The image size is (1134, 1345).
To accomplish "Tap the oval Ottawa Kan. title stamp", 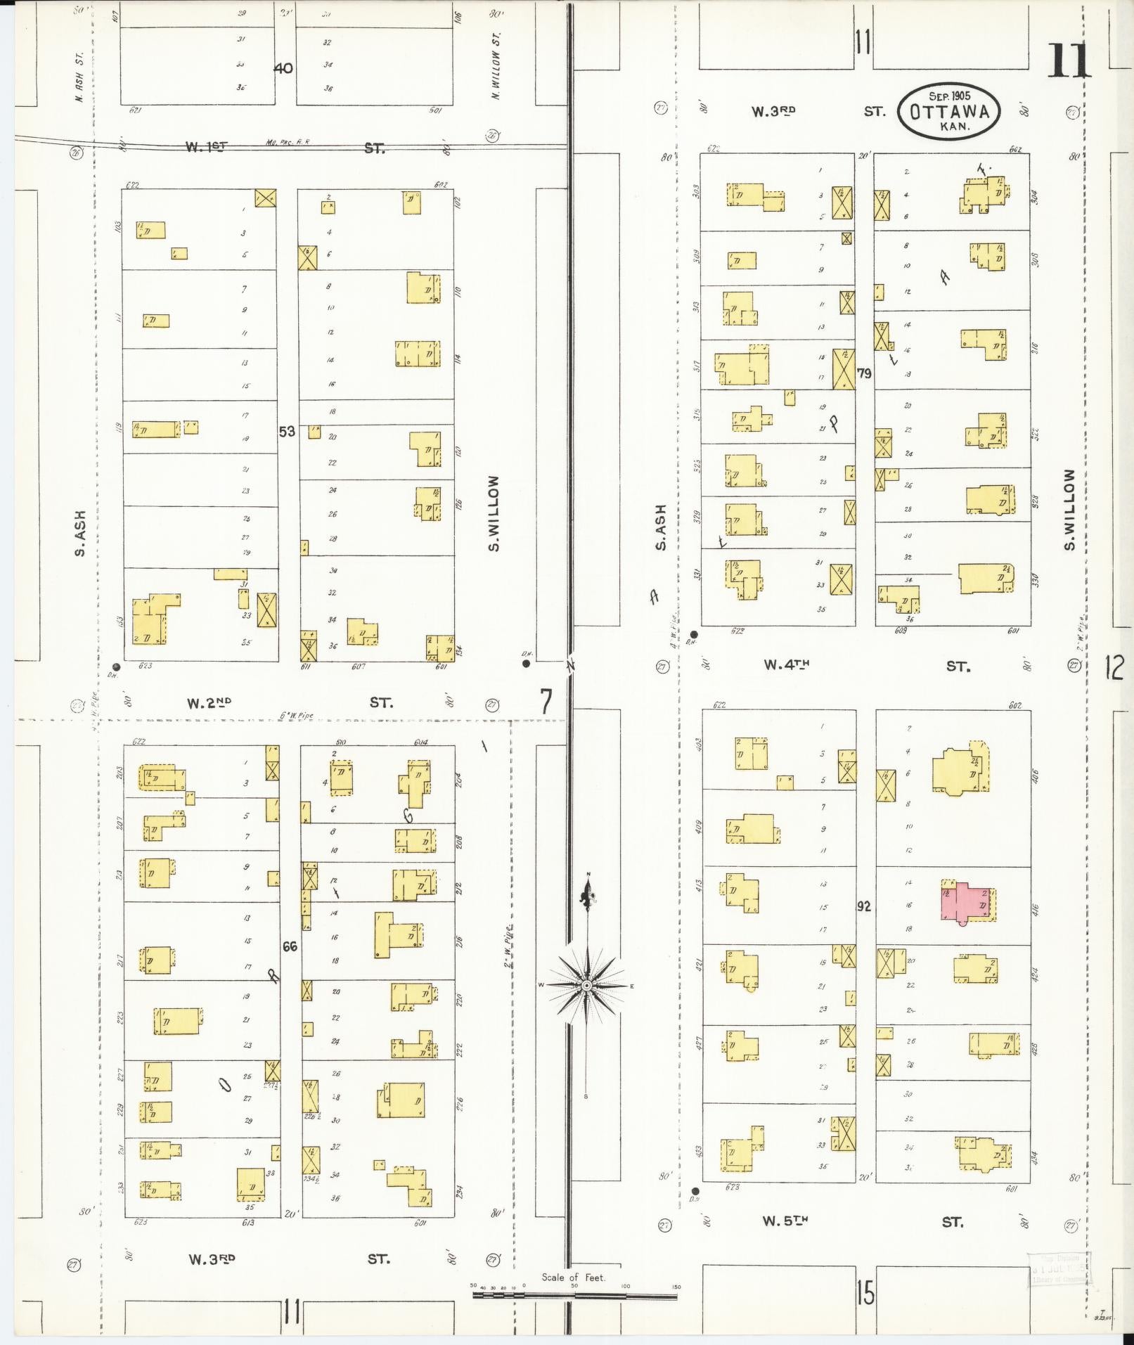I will (948, 112).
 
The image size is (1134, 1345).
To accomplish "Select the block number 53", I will (287, 432).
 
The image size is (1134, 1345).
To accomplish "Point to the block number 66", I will (290, 946).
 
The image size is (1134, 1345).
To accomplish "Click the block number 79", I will (864, 373).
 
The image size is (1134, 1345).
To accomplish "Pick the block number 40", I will (283, 68).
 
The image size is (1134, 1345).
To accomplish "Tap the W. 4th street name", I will (787, 664).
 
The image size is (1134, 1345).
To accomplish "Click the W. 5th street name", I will (785, 1221).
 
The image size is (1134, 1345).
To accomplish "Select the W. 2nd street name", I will (209, 702).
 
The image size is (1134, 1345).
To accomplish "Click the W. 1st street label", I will (207, 147).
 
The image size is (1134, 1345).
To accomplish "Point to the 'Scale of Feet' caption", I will (573, 1278).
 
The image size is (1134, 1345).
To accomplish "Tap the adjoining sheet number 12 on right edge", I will (1114, 667).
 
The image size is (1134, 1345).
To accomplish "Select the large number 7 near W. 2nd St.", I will (546, 701).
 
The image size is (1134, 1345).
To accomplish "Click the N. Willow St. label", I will (496, 75).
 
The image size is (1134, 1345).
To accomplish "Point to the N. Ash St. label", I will (79, 76).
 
